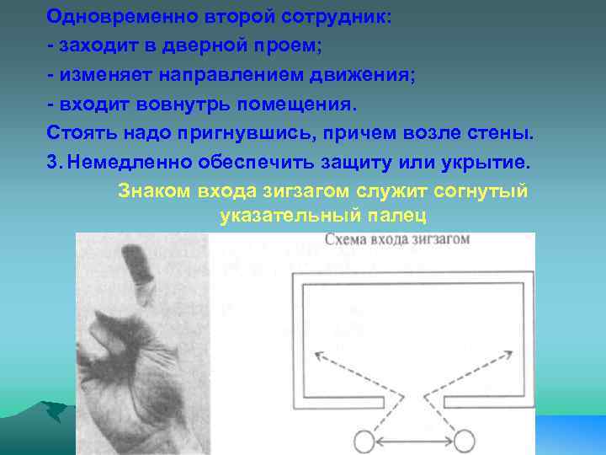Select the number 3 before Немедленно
pyautogui.click(x=53, y=163)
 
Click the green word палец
pyautogui.click(x=397, y=217)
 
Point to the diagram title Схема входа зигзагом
pyautogui.click(x=397, y=239)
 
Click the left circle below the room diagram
pyautogui.click(x=363, y=440)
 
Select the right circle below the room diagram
pyautogui.click(x=465, y=440)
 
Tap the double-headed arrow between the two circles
pyautogui.click(x=414, y=440)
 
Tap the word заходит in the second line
pyautogui.click(x=88, y=46)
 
